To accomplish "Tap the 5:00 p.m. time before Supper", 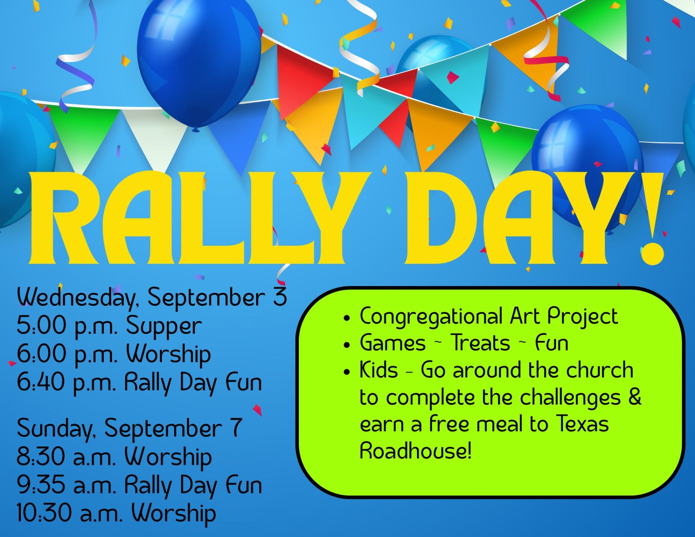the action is (67, 326).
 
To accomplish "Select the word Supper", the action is (164, 326).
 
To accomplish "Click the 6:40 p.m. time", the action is (67, 383).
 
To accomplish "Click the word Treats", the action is (480, 343).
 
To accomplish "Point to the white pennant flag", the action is (155, 137).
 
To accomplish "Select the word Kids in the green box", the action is (379, 370).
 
